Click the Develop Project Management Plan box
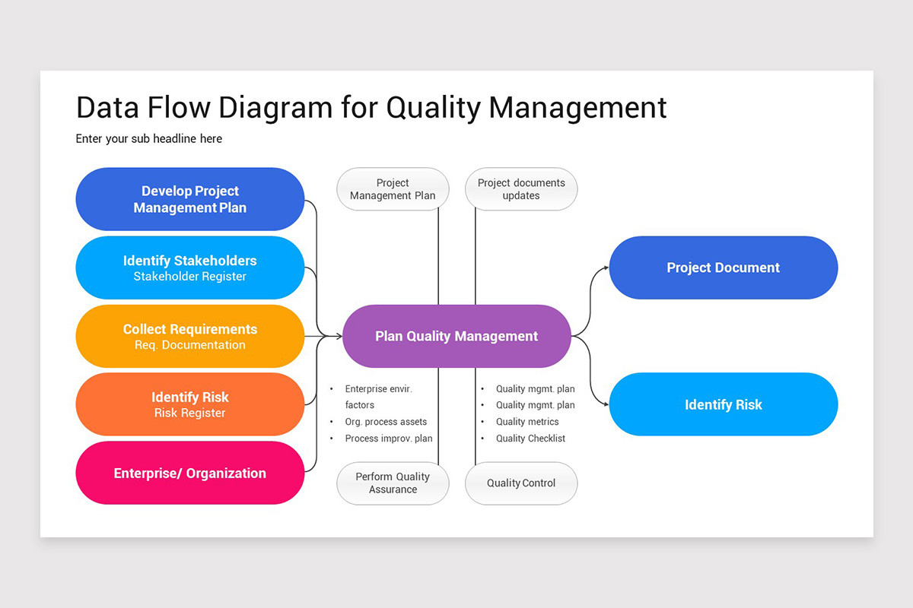click(x=189, y=199)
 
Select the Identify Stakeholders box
click(x=189, y=268)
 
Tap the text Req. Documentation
click(x=189, y=345)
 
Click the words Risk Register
click(x=189, y=413)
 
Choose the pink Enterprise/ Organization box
click(x=189, y=473)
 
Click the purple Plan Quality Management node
click(x=456, y=336)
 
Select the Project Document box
click(x=723, y=268)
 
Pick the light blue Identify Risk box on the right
click(x=723, y=404)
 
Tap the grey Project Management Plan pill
click(x=393, y=189)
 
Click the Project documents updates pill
click(x=521, y=189)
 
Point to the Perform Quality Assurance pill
click(x=393, y=483)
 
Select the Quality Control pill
click(x=521, y=483)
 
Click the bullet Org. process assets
click(x=386, y=422)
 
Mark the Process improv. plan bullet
click(x=388, y=439)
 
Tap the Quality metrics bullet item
click(x=527, y=422)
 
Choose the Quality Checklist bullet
click(x=530, y=439)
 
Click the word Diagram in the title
click(x=275, y=108)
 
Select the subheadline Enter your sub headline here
click(x=149, y=139)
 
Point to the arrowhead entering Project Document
click(x=606, y=268)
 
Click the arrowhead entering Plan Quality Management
click(x=339, y=336)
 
